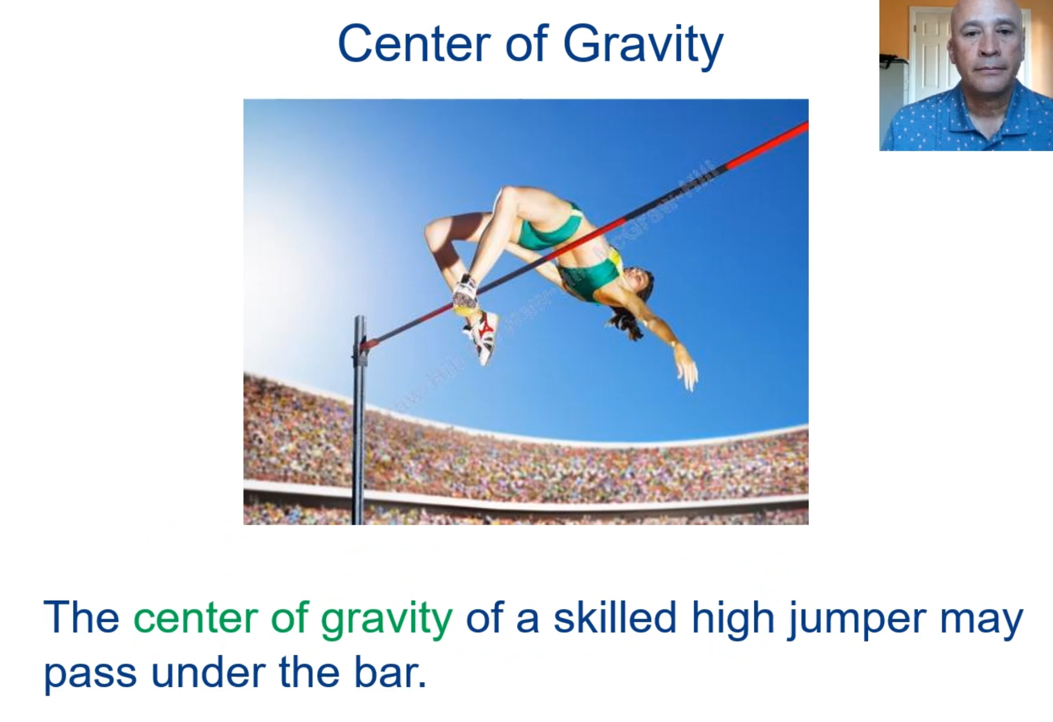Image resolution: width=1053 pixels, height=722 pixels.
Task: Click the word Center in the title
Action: tap(414, 44)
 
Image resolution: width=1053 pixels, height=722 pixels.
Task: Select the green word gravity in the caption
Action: tap(387, 619)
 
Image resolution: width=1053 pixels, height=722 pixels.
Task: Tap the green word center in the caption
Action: tap(196, 618)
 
